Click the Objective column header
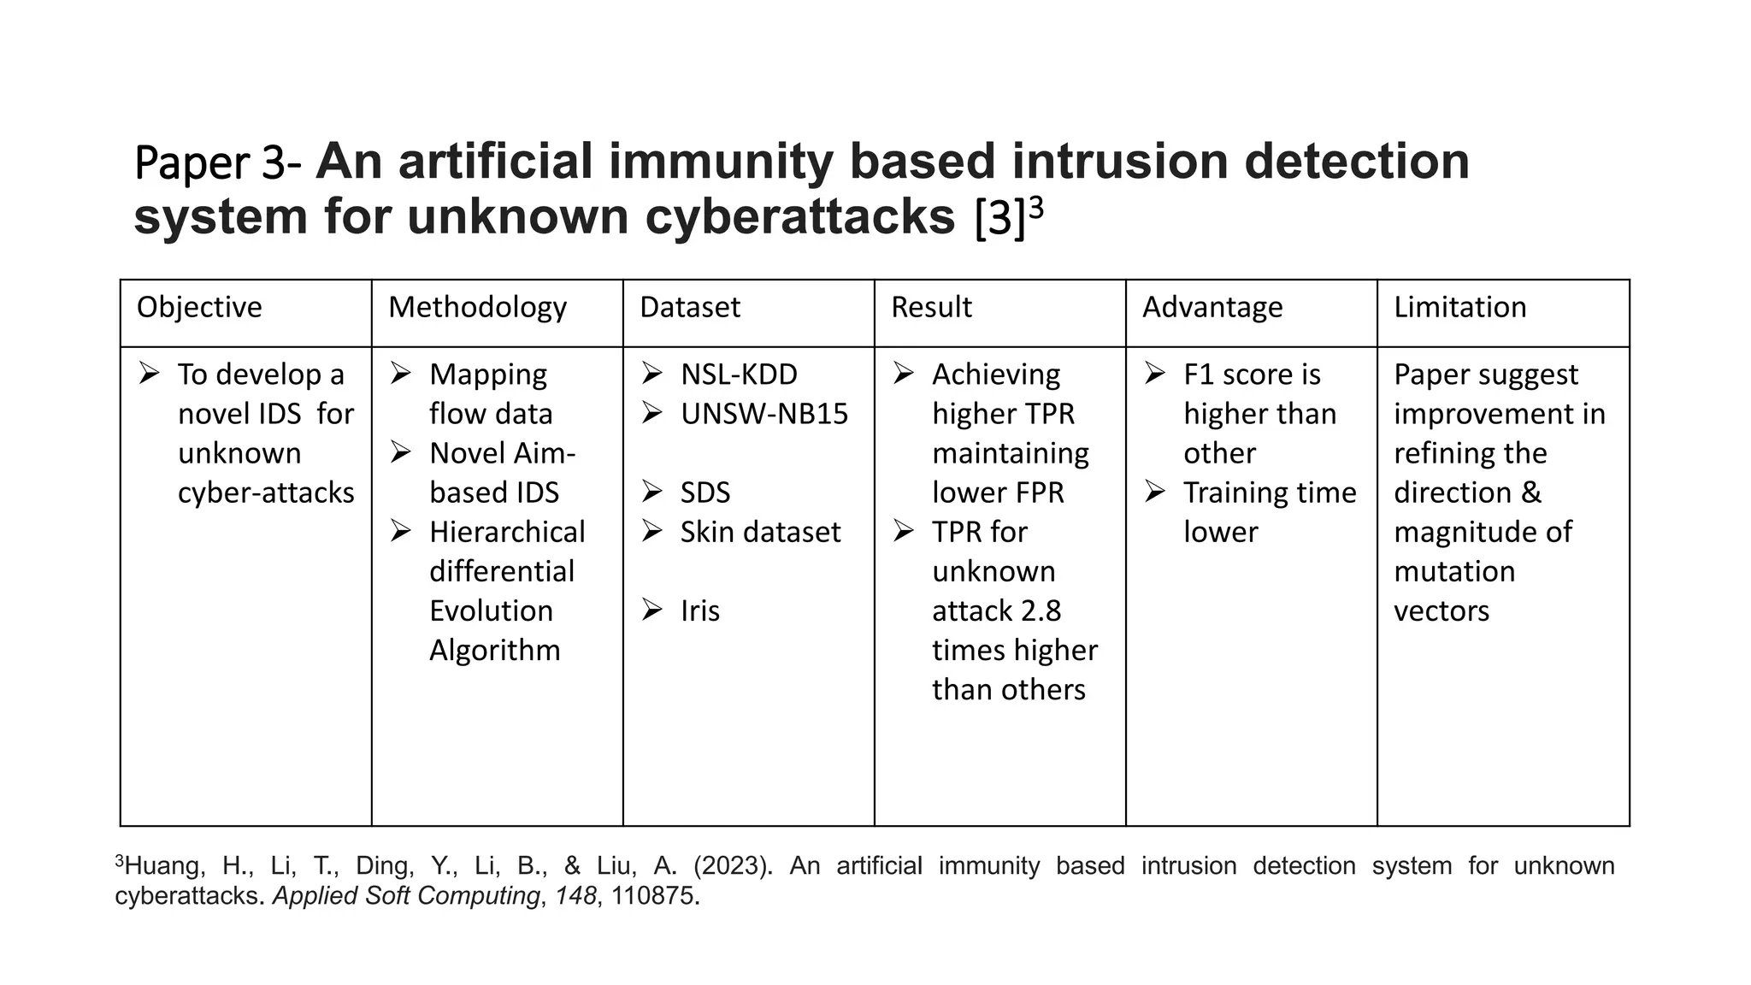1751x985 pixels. (x=199, y=307)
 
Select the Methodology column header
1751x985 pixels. (x=477, y=307)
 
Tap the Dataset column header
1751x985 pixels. (x=689, y=307)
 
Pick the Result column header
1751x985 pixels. (x=931, y=307)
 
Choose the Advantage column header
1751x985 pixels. (x=1212, y=307)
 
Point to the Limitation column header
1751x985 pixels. (x=1459, y=307)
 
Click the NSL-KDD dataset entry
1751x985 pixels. (x=739, y=375)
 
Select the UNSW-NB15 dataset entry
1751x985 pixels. (x=764, y=414)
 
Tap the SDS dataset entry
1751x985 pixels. (x=705, y=492)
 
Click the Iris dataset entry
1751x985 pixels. (x=700, y=610)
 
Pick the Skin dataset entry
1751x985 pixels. (x=760, y=532)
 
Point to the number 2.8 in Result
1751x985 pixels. (x=1041, y=610)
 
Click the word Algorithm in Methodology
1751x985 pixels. (x=494, y=650)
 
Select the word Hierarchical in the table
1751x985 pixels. (x=507, y=532)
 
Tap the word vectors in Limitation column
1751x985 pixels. (x=1441, y=610)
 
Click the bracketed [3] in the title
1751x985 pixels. (x=999, y=219)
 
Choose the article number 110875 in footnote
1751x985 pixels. (x=653, y=895)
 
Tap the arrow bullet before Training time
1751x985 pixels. (x=1155, y=492)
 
